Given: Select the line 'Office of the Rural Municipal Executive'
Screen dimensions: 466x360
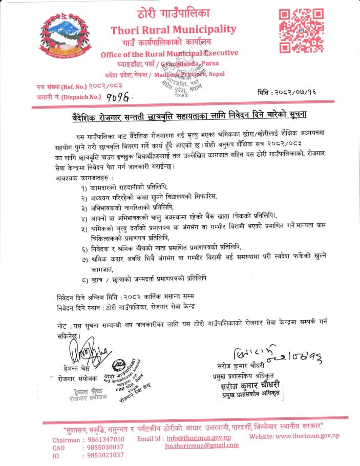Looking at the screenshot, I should coord(170,53).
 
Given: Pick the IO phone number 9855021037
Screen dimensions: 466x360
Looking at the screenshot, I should coord(103,454).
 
